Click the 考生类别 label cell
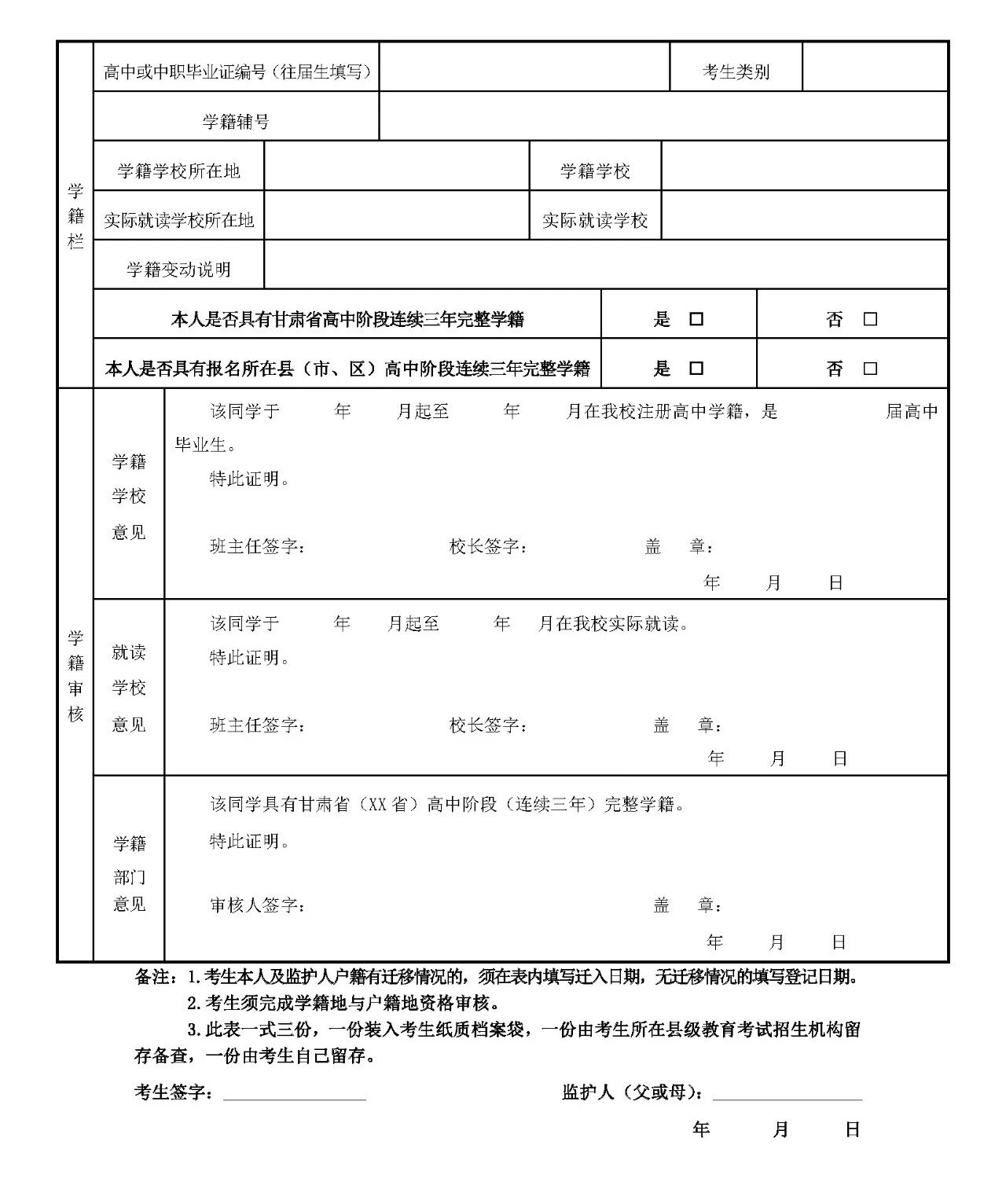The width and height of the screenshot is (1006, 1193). (736, 72)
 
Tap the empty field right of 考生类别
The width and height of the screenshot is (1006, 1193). (875, 68)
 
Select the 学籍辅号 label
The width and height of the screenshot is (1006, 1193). (236, 122)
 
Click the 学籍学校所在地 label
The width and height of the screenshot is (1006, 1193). (178, 171)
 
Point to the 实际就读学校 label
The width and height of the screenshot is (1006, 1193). (595, 221)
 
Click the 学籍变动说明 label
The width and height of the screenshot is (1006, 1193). (178, 270)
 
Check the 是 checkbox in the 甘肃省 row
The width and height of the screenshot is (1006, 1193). (696, 319)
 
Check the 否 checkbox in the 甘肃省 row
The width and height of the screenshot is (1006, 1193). (870, 319)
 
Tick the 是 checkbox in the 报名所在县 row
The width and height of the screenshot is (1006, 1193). (696, 369)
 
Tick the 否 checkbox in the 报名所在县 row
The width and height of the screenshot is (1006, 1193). (870, 369)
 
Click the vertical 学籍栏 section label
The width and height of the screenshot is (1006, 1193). (75, 216)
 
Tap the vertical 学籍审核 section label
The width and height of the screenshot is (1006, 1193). (75, 676)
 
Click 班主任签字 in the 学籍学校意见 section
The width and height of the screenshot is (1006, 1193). (257, 546)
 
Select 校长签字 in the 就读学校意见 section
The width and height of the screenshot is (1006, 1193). (487, 725)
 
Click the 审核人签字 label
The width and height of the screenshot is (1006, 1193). (257, 905)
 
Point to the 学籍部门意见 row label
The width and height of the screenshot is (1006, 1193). (129, 873)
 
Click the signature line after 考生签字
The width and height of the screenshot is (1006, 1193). (295, 1095)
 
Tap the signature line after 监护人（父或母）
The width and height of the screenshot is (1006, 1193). (787, 1095)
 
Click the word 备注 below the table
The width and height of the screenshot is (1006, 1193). (152, 978)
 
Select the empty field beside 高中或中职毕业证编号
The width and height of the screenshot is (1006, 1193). (524, 68)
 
